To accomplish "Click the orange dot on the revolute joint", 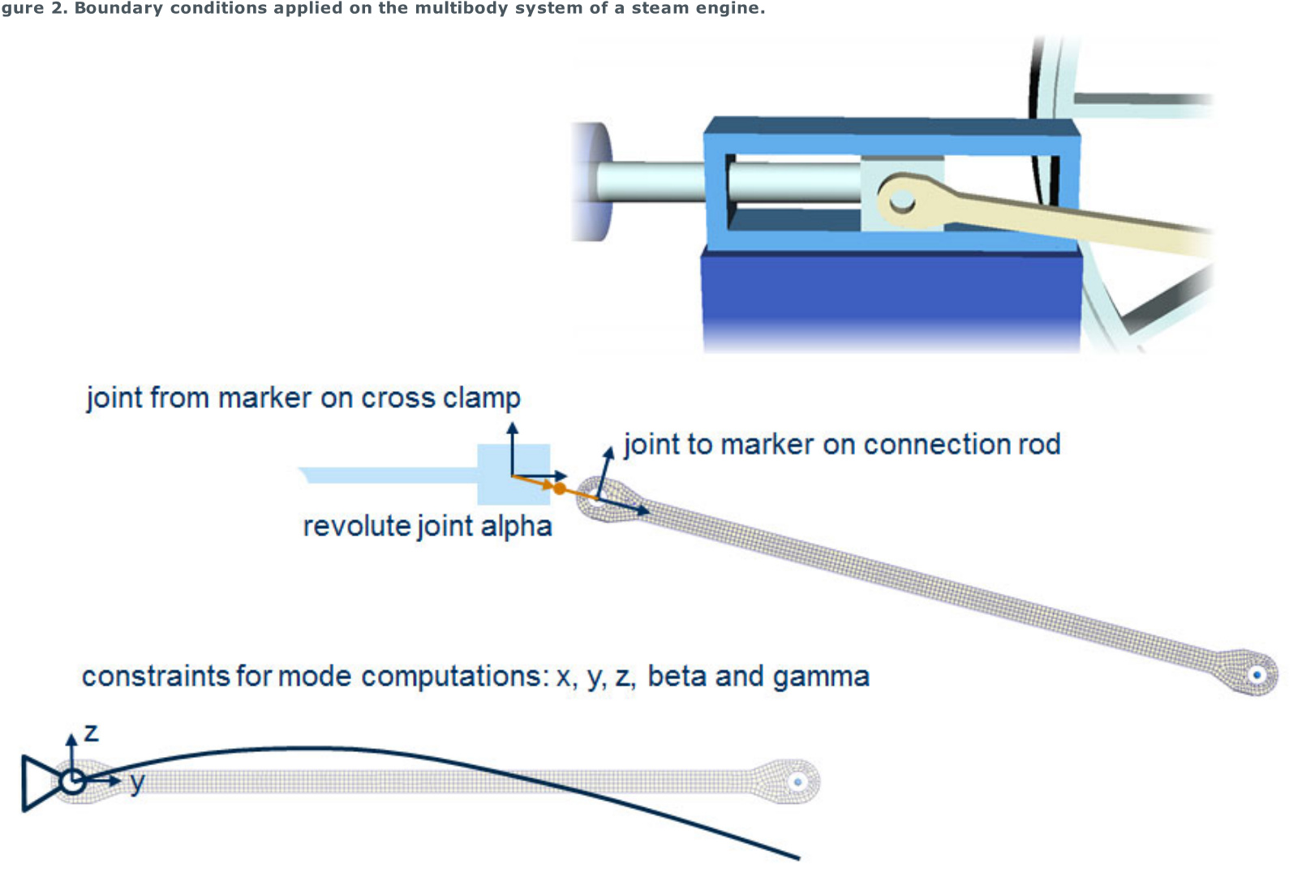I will (x=559, y=488).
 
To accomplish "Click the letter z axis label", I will (x=91, y=733).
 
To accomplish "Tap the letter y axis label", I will (x=137, y=782).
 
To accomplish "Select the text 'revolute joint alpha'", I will (x=428, y=526).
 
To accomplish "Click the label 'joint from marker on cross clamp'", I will (x=303, y=398).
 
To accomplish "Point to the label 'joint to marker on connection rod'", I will (x=842, y=444).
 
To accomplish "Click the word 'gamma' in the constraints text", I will (x=821, y=676).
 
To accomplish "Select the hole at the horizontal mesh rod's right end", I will (x=797, y=782).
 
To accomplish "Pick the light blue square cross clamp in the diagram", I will (x=513, y=475).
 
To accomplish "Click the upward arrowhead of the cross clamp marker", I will (x=512, y=428).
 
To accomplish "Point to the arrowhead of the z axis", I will (x=71, y=738).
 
